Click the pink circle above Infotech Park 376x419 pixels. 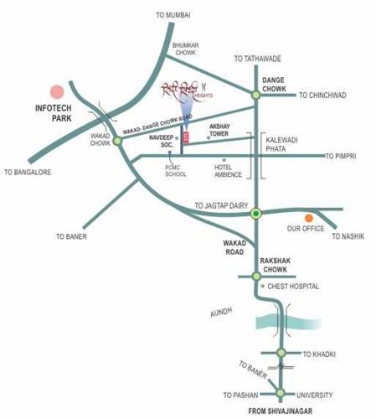tap(57, 92)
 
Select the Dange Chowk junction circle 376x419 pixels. tap(255, 96)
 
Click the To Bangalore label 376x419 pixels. tap(28, 173)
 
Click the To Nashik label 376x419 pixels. tap(348, 237)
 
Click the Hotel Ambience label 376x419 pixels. tap(224, 170)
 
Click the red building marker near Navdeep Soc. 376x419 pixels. tap(185, 137)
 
